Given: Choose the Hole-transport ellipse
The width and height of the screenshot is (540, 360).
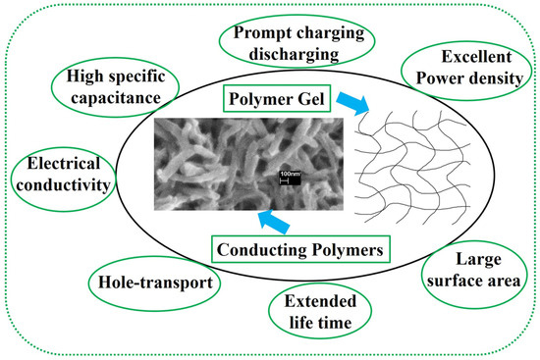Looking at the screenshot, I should (x=153, y=283).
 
